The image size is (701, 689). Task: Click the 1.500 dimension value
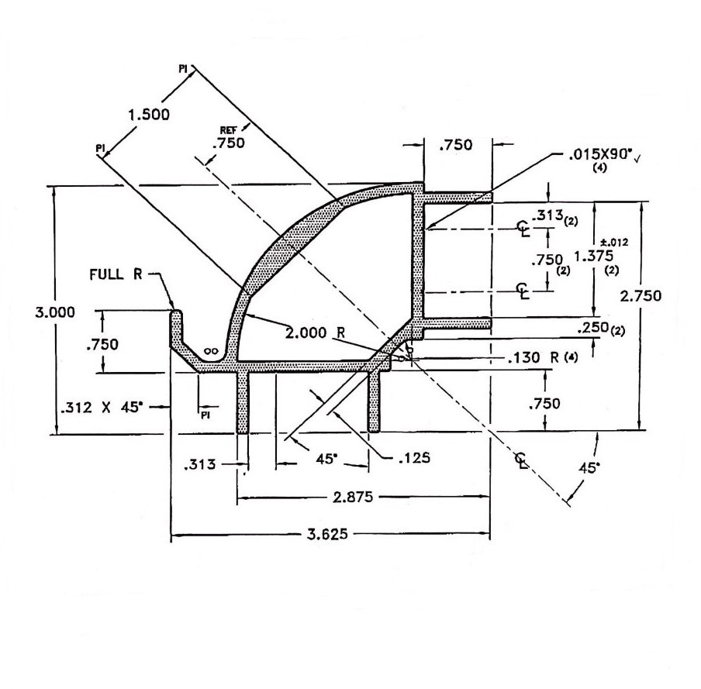[x=149, y=115]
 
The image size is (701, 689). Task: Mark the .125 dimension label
[x=413, y=456]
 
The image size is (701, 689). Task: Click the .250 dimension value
[x=596, y=329]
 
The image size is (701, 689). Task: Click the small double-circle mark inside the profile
[x=210, y=351]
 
